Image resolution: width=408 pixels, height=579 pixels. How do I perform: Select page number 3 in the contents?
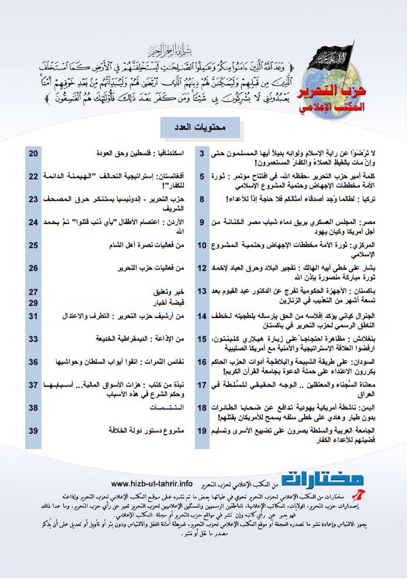point(202,154)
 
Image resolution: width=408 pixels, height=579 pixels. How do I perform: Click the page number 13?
point(202,291)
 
